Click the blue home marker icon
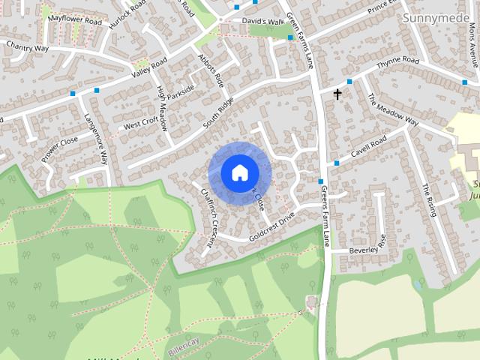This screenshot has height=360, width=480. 239,172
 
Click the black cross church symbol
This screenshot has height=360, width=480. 337,94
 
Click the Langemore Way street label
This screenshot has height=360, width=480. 97,139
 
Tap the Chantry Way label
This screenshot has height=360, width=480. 26,46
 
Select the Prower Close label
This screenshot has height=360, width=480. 60,150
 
